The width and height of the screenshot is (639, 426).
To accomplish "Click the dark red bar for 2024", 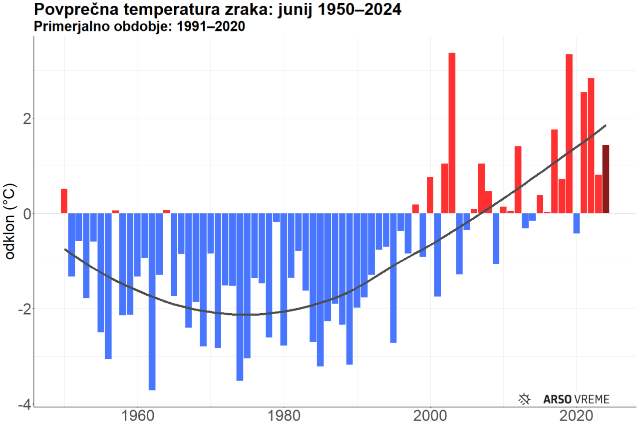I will click(606, 179).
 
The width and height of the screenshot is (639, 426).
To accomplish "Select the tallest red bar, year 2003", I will click(452, 133).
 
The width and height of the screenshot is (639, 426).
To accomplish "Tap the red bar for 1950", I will click(64, 201).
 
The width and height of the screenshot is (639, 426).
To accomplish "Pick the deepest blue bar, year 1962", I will click(152, 302).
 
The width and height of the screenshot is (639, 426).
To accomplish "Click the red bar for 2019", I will click(569, 133).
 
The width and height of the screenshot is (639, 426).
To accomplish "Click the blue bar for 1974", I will click(240, 297).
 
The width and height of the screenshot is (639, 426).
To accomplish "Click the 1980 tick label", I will click(284, 416).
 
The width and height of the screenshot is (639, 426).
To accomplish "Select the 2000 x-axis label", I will click(430, 416).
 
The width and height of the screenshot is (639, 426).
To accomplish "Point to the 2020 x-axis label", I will click(577, 416).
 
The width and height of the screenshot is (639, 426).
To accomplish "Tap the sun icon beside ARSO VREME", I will click(524, 399).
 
